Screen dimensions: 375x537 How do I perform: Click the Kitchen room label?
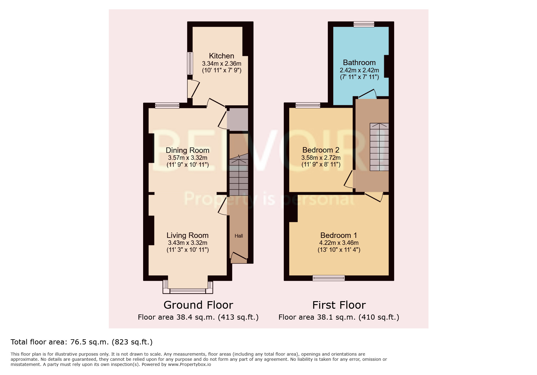(221, 56)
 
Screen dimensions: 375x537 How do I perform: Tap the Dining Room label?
(187, 150)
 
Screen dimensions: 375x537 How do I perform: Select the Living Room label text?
(187, 235)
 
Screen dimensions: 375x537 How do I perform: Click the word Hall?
(239, 236)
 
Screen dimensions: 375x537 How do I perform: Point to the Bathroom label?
(359, 63)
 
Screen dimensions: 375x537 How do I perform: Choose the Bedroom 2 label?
(321, 150)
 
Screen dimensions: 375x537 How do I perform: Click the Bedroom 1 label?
(338, 235)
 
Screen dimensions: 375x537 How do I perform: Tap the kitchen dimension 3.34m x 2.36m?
(221, 64)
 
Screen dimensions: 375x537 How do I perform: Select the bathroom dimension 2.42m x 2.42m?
(359, 70)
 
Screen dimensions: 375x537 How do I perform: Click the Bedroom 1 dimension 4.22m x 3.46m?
(339, 243)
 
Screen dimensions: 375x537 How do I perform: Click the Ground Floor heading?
(198, 305)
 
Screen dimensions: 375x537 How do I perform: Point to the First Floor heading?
(339, 305)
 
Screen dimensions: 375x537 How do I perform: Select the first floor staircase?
(379, 147)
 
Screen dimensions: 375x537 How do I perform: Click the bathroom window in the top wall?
(364, 24)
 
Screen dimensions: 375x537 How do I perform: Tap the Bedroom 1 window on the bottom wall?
(328, 278)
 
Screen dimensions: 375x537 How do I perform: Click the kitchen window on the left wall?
(190, 63)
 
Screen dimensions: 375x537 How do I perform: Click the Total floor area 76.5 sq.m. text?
(82, 342)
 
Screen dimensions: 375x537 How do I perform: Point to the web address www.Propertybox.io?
(189, 364)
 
